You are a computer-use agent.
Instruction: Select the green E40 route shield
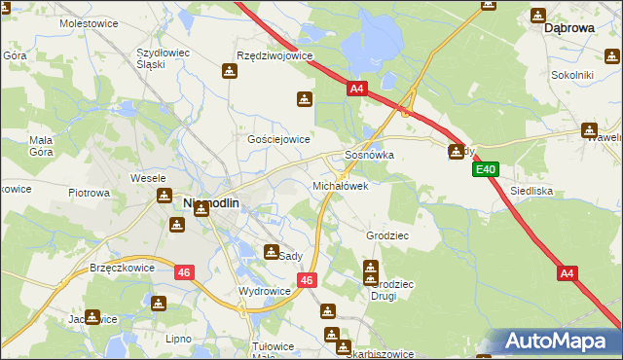(487, 170)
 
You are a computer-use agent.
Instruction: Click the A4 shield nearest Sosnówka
(356, 90)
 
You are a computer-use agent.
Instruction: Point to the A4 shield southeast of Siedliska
(568, 274)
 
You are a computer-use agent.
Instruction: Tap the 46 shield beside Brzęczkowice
(184, 273)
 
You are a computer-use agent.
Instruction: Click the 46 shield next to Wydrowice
(307, 280)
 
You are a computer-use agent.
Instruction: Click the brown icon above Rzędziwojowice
(231, 71)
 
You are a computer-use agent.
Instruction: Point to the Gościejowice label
(278, 139)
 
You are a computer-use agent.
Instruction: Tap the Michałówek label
(340, 185)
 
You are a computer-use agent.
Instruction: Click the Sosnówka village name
(370, 155)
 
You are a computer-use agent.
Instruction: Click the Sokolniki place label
(572, 74)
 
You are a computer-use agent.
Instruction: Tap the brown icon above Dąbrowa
(538, 16)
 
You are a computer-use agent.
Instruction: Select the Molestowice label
(89, 21)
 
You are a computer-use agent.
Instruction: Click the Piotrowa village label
(89, 193)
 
